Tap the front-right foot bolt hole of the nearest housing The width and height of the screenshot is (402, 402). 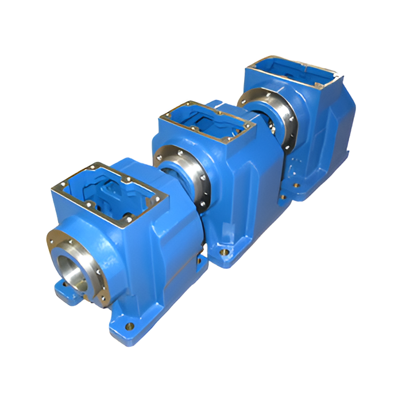click(x=130, y=327)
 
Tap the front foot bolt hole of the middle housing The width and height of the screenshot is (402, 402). click(x=225, y=251)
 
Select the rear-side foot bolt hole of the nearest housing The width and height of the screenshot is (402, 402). click(x=198, y=260)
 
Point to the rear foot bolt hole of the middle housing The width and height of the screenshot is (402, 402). click(x=283, y=197)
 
